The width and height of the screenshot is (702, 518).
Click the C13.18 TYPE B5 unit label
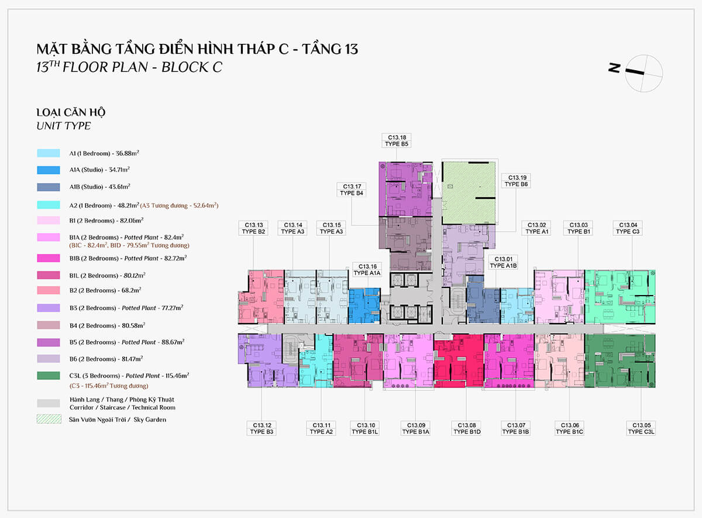click(397, 140)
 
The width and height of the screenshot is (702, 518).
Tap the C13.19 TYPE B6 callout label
click(516, 181)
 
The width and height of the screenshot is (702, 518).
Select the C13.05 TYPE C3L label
click(641, 428)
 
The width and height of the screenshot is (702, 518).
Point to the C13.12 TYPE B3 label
click(261, 428)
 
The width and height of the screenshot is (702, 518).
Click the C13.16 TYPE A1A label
click(367, 270)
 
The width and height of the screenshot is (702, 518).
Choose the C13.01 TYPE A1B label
click(503, 262)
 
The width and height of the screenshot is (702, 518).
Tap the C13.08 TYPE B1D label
click(467, 428)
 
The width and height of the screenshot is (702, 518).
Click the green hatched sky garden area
click(469, 193)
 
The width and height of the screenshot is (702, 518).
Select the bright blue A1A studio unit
click(364, 306)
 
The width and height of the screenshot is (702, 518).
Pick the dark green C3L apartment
click(620, 361)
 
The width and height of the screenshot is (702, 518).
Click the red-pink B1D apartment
click(459, 361)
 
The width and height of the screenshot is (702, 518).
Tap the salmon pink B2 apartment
click(261, 297)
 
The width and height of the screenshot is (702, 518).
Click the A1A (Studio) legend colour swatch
click(48, 170)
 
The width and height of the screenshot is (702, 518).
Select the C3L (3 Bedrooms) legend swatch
click(48, 376)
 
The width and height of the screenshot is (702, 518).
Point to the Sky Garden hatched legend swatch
click(49, 419)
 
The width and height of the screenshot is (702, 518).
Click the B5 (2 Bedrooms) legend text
click(127, 342)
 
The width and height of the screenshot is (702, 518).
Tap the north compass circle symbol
click(643, 73)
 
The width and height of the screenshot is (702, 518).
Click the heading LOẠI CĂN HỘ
click(71, 112)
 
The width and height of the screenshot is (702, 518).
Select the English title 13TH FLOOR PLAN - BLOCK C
click(129, 67)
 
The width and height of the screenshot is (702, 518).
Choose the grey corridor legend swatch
click(48, 403)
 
